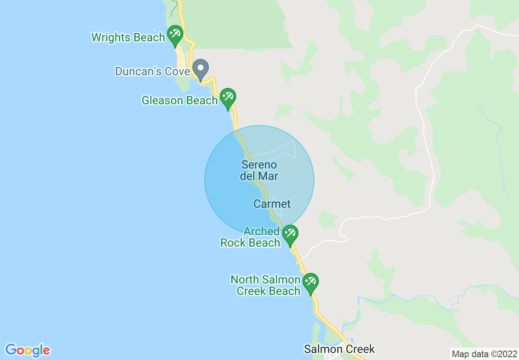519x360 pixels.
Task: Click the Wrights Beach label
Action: [x=128, y=38]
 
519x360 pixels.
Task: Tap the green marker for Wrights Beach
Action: [x=175, y=35]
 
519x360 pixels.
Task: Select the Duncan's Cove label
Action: [x=152, y=72]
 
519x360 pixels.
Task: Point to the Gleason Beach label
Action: [x=179, y=100]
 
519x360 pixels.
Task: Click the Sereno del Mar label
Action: [x=259, y=171]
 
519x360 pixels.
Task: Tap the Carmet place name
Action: [x=272, y=204]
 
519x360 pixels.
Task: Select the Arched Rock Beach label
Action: [x=250, y=237]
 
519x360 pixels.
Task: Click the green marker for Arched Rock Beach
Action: [x=290, y=234]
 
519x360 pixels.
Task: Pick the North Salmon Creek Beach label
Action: [x=266, y=286]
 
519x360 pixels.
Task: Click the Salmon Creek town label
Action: [x=339, y=349]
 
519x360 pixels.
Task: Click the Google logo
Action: [x=27, y=350]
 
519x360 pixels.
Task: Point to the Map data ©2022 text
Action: [x=484, y=354]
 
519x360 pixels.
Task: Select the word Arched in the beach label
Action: [x=261, y=232]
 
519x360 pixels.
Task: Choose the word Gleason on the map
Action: [x=162, y=100]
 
